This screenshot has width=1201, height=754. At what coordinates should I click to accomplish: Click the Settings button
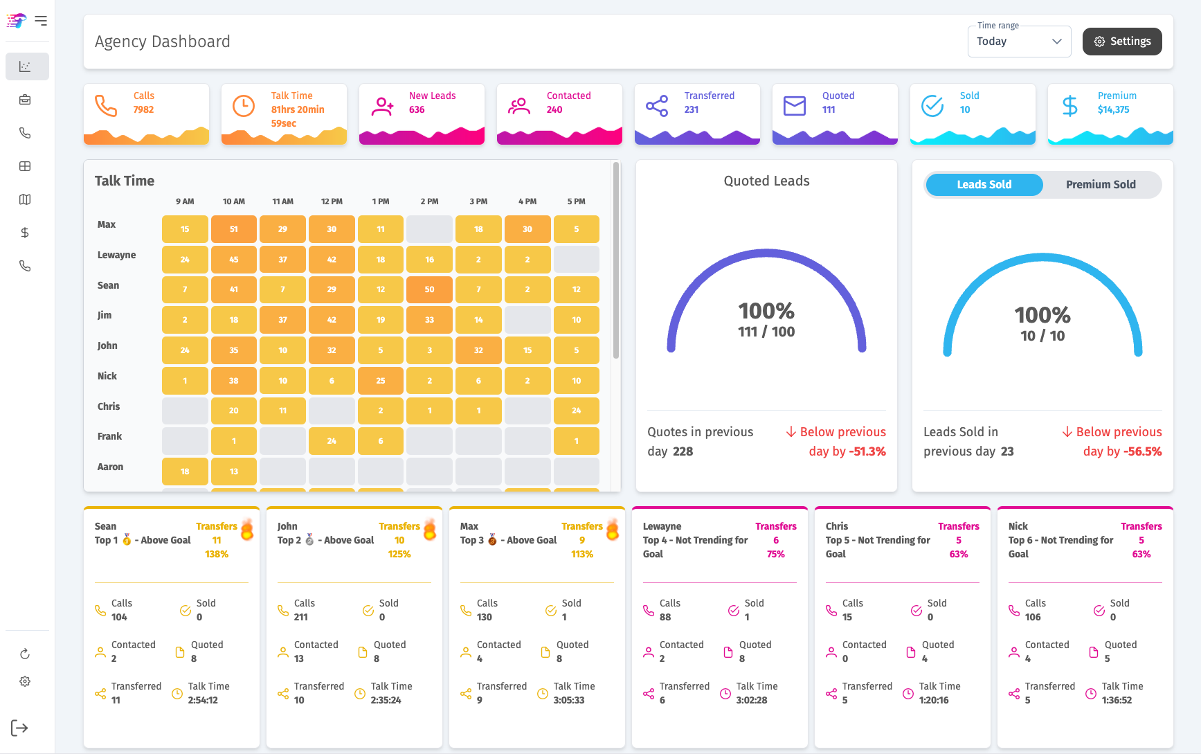point(1122,42)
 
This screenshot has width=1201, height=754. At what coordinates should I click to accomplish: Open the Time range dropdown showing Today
point(1019,42)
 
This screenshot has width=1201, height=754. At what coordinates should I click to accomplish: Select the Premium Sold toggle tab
point(1101,185)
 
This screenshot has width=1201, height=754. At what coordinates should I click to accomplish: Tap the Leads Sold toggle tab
point(984,185)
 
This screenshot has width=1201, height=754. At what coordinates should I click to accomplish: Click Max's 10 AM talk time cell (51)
point(234,229)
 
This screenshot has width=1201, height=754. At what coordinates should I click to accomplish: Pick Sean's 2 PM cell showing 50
point(429,289)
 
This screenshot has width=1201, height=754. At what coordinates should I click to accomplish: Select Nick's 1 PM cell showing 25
point(381,381)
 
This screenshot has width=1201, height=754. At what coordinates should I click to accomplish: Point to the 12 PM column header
point(332,201)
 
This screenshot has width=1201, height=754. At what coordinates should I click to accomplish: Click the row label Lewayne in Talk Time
point(116,255)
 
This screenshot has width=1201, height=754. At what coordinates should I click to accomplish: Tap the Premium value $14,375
point(1113,109)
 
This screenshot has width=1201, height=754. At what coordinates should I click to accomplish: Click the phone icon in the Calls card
point(106,106)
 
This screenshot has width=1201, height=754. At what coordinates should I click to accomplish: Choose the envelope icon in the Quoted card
point(795,106)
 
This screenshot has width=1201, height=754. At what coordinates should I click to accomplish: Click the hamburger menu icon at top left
point(41,21)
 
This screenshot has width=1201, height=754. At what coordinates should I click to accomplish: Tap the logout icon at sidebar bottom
point(19,728)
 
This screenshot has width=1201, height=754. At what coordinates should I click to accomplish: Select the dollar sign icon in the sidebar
point(25,233)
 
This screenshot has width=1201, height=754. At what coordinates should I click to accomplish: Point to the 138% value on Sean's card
point(217,554)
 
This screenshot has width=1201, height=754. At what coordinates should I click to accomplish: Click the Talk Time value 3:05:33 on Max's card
point(569,700)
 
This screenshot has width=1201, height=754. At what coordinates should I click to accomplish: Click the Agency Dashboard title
point(163,42)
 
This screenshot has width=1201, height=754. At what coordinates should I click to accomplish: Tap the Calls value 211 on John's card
point(300,617)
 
